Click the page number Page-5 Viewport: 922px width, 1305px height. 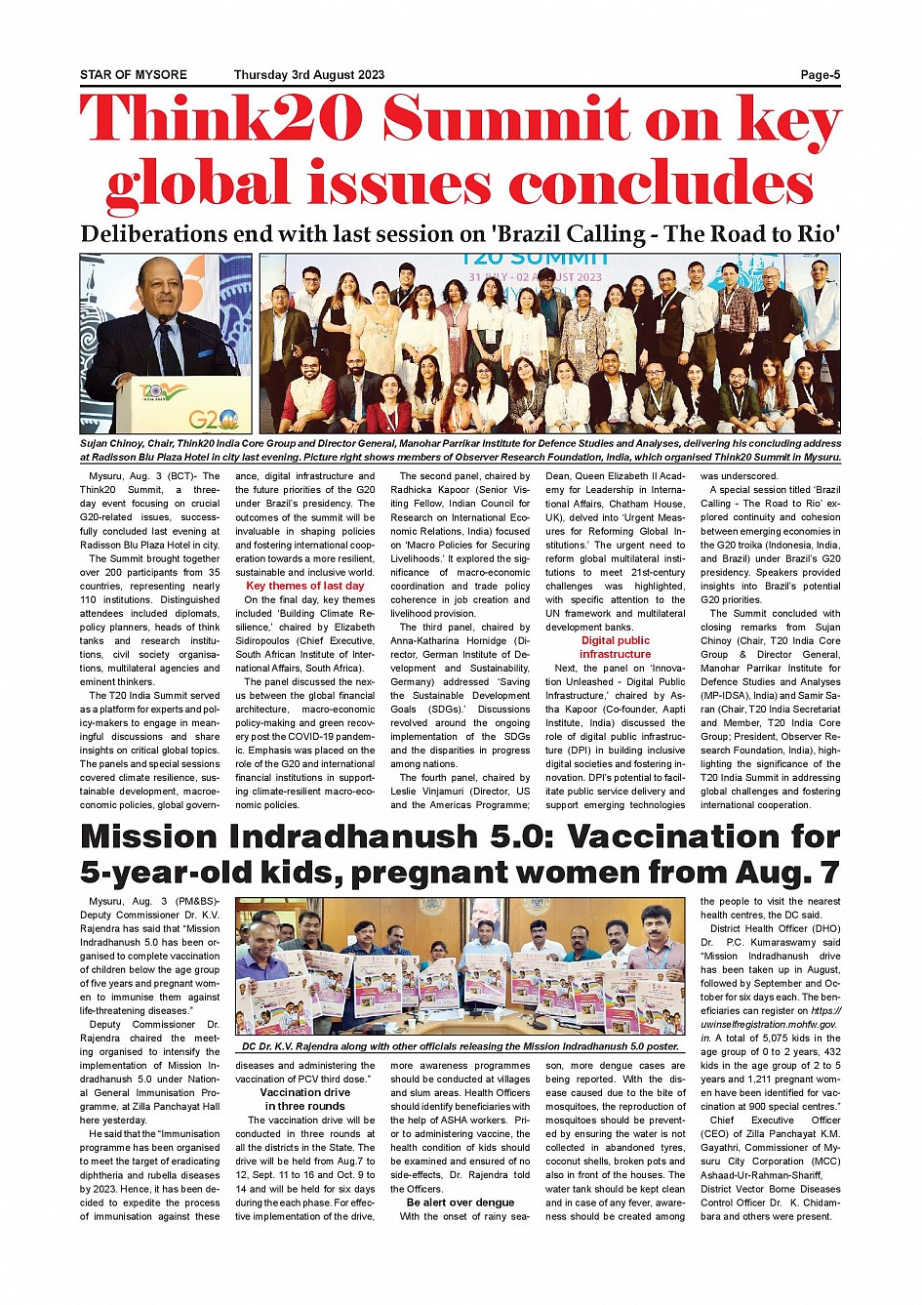820,75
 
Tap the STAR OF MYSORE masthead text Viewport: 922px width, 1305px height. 134,75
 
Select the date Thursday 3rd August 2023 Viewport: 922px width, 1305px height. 309,75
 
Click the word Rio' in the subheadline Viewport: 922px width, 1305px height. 817,234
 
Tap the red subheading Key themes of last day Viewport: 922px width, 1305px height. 304,586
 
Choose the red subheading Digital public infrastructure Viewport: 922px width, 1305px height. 615,647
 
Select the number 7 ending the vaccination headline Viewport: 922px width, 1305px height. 829,873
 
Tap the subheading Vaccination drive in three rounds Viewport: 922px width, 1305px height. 304,1099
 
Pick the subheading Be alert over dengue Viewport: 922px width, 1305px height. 461,1203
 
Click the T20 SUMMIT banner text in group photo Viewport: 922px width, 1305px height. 533,259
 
